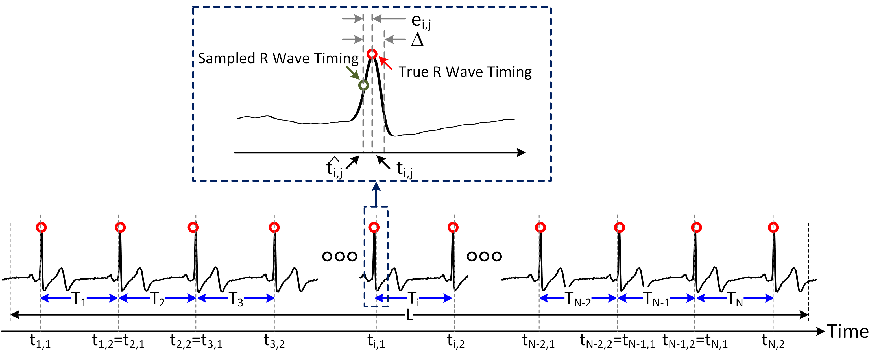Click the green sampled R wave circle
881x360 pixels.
click(x=363, y=85)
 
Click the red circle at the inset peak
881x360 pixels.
click(x=372, y=54)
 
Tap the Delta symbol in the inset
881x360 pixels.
click(x=417, y=40)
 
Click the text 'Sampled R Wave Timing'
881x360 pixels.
click(x=278, y=58)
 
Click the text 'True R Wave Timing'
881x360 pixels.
click(x=465, y=72)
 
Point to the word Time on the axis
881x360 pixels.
click(x=848, y=332)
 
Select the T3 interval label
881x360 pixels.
click(x=236, y=299)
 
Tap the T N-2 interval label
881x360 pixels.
click(x=577, y=299)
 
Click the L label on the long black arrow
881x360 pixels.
click(x=409, y=315)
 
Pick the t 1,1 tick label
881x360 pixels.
click(x=40, y=341)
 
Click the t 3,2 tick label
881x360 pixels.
click(x=274, y=341)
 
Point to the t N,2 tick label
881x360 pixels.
click(x=773, y=341)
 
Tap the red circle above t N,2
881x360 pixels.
click(x=773, y=227)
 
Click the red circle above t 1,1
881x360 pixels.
click(x=41, y=227)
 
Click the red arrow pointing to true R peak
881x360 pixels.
click(x=386, y=63)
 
